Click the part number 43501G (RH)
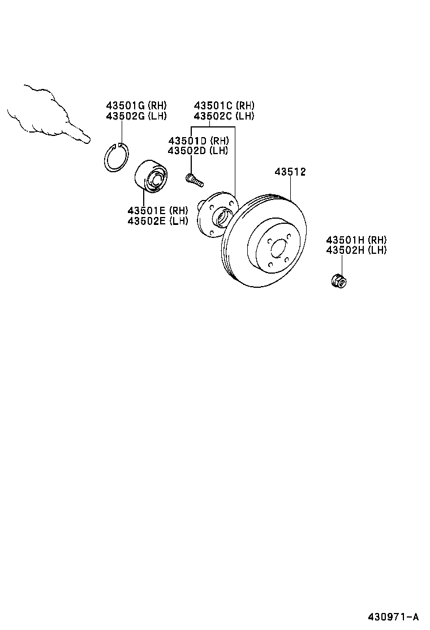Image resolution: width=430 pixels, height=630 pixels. tap(136, 105)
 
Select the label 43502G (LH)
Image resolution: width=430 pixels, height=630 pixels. tap(136, 116)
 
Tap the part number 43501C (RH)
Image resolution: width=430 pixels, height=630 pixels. tap(224, 105)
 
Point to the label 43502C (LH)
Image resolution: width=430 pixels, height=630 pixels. tap(224, 116)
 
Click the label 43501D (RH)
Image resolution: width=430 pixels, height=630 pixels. tap(198, 141)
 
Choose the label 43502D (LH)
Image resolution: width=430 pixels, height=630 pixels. tap(198, 151)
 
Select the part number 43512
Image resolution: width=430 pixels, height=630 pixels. tap(290, 172)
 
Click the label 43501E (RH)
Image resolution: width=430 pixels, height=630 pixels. tap(157, 210)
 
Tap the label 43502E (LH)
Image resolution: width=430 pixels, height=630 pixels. tap(157, 220)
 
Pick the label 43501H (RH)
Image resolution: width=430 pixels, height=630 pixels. tap(356, 240)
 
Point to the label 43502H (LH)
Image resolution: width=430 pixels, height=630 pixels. tap(356, 250)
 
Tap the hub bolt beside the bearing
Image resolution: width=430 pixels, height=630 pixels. tap(193, 180)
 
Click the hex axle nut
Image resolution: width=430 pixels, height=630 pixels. tap(338, 279)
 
